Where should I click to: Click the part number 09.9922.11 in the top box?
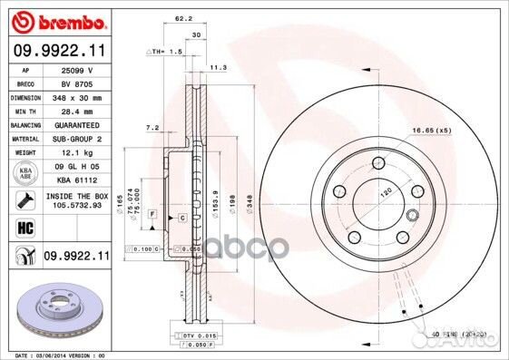click(x=60, y=51)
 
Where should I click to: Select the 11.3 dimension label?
click(x=218, y=68)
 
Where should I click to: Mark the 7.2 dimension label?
click(x=152, y=128)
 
